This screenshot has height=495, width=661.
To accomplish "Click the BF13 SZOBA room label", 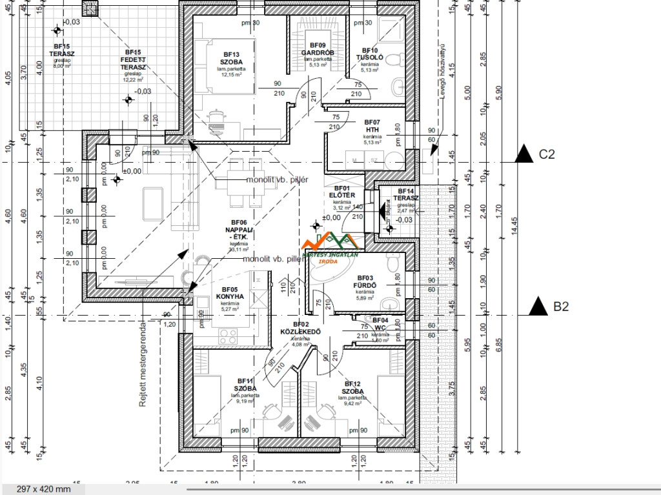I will (231, 58).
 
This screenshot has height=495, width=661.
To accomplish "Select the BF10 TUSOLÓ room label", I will (370, 54).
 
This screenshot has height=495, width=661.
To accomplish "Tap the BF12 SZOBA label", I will (352, 387).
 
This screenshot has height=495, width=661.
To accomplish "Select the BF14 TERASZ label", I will (405, 195).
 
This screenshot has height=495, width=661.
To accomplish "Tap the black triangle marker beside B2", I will (538, 307).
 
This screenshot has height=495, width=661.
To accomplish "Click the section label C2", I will (547, 154).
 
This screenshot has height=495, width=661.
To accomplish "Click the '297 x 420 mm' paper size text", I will (43, 489).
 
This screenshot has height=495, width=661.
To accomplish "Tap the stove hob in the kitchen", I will (228, 336).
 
